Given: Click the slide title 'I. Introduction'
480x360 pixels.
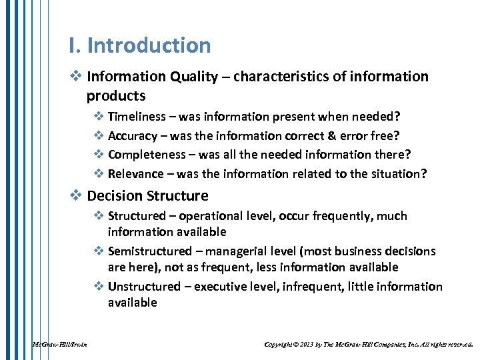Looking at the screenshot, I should pyautogui.click(x=139, y=45).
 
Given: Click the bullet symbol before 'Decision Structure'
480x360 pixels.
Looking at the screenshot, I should pyautogui.click(x=75, y=196).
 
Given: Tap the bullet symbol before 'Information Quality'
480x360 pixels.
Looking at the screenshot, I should pyautogui.click(x=75, y=77).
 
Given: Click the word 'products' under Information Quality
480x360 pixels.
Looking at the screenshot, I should pyautogui.click(x=115, y=95).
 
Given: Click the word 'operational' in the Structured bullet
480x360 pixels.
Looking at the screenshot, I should pyautogui.click(x=209, y=216).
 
